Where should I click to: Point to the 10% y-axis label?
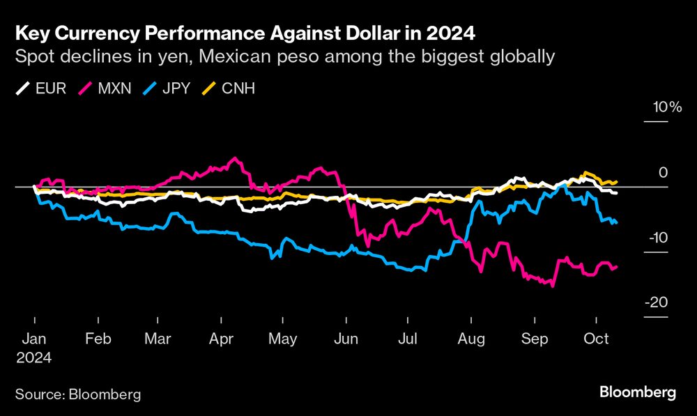(x=666, y=107)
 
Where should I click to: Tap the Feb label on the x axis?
(x=98, y=339)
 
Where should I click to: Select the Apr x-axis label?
(x=221, y=339)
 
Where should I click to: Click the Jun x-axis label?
(x=346, y=339)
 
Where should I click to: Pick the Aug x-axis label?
(x=472, y=339)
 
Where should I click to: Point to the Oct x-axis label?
(x=596, y=339)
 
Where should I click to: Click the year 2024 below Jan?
(x=34, y=356)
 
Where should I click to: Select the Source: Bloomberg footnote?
(x=78, y=394)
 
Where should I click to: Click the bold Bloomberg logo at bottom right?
(x=638, y=392)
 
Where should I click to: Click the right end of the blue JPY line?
(x=616, y=222)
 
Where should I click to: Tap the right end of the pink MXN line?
(x=616, y=266)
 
